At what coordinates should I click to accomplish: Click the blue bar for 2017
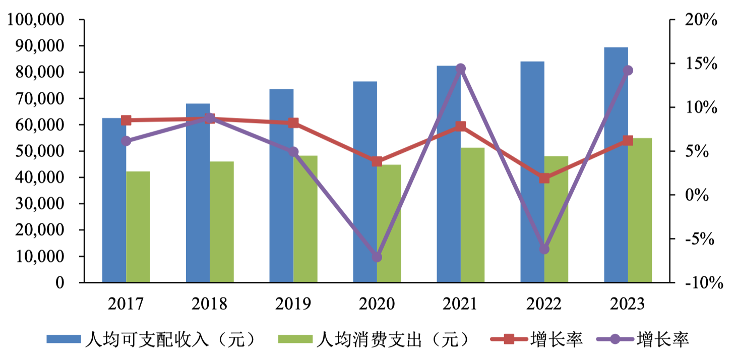114,202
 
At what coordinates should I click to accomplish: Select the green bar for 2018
222,222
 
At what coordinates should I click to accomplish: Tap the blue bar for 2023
616,166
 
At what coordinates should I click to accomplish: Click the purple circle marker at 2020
377,257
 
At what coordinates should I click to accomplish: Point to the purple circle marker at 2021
461,69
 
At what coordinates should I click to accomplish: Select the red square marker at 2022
544,178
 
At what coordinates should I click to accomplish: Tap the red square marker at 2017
126,120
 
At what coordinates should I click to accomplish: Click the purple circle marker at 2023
628,71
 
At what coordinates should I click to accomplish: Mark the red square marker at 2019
293,123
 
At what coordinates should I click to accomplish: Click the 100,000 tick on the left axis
35,20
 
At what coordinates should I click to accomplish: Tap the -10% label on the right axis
703,283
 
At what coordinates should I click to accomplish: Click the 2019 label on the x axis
293,304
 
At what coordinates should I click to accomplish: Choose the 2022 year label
544,304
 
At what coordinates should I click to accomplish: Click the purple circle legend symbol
615,339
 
